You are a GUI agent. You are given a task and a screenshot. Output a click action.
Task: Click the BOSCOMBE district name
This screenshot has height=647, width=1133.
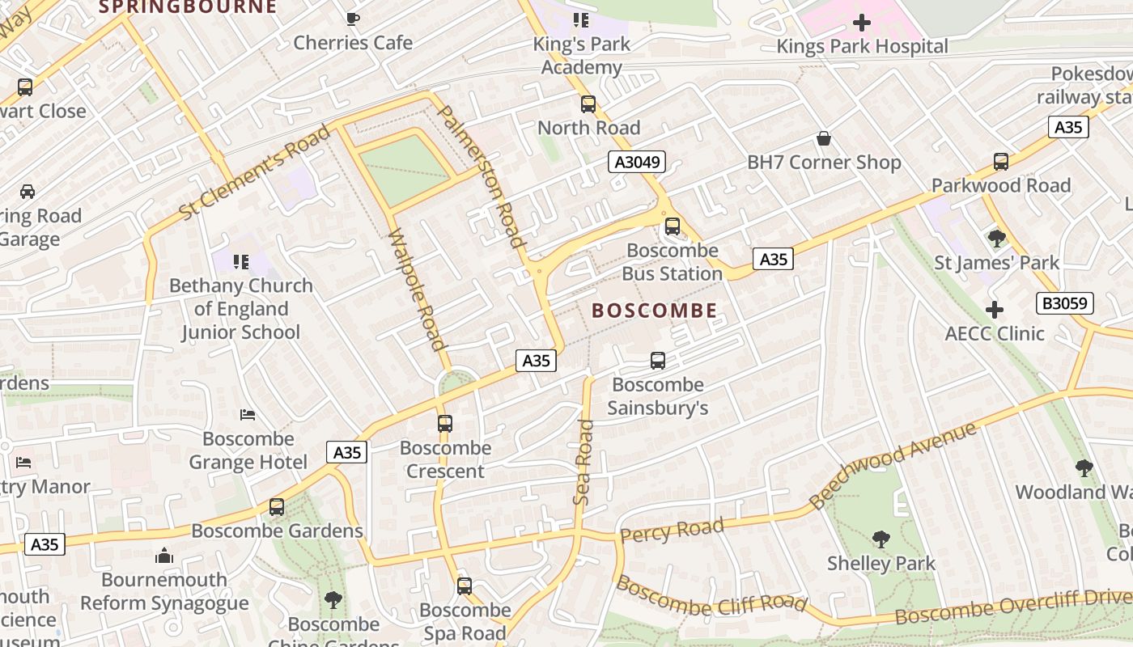click(x=654, y=311)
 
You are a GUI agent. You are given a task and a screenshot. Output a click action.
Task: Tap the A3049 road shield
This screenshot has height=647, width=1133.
click(x=637, y=163)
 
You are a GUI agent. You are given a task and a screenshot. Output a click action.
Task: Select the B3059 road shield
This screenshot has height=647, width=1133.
click(x=1064, y=303)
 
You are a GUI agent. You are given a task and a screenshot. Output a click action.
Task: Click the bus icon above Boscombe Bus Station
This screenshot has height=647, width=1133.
click(x=672, y=226)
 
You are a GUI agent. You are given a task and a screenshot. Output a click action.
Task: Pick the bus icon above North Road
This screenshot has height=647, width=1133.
click(x=588, y=104)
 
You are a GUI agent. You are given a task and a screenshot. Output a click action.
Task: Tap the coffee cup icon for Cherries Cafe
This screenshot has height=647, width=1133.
click(x=352, y=19)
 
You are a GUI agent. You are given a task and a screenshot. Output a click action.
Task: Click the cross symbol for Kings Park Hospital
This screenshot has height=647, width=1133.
click(x=861, y=23)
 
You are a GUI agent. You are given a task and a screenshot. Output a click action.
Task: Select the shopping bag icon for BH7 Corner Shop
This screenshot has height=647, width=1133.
click(x=823, y=139)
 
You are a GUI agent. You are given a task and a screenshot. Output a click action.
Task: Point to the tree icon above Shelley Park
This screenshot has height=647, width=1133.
click(x=881, y=539)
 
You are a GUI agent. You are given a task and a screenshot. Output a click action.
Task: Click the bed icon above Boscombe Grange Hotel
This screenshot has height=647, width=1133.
click(x=248, y=415)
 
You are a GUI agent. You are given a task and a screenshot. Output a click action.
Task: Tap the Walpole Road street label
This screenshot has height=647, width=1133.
click(x=418, y=290)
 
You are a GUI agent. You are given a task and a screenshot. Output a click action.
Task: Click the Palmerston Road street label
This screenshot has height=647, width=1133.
click(x=482, y=176)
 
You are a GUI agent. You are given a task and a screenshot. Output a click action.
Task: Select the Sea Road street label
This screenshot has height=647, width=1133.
click(x=583, y=463)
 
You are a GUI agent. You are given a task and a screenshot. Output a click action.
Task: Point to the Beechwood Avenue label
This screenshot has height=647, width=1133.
click(x=893, y=467)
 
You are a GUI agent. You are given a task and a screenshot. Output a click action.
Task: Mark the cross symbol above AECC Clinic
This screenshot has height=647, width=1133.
click(x=994, y=310)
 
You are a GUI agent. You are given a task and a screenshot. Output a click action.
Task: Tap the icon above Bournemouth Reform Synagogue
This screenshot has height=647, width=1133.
click(x=164, y=556)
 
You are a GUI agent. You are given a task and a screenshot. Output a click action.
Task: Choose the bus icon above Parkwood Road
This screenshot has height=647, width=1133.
click(x=1000, y=162)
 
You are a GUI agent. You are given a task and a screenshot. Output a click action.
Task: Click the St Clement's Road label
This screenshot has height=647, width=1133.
click(x=254, y=172)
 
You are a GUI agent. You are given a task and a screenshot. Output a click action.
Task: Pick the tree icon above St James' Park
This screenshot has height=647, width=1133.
click(x=996, y=239)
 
